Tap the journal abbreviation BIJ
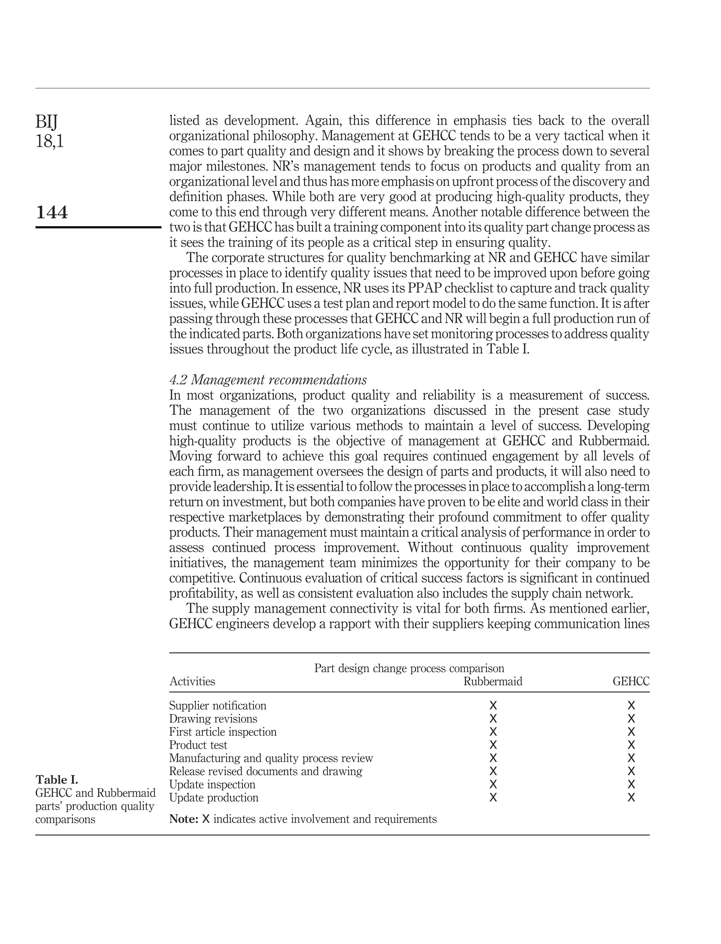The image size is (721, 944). [x=46, y=122]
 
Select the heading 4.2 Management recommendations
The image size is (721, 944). [x=268, y=380]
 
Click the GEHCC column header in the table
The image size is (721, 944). [x=631, y=682]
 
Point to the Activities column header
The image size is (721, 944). [x=192, y=682]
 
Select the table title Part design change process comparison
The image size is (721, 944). [x=409, y=668]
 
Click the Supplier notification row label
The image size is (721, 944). [x=218, y=705]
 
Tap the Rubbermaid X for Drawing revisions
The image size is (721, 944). [x=493, y=719]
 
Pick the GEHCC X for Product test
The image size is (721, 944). [x=631, y=745]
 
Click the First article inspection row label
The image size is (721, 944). [x=223, y=732]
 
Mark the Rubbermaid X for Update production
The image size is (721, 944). [x=493, y=798]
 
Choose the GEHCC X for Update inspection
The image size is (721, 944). [x=631, y=785]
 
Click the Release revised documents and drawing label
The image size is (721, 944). [x=266, y=771]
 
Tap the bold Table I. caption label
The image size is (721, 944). [x=57, y=780]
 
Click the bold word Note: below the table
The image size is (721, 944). [x=183, y=819]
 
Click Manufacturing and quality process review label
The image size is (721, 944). [x=271, y=758]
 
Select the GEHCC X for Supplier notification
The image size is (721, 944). [x=631, y=705]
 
